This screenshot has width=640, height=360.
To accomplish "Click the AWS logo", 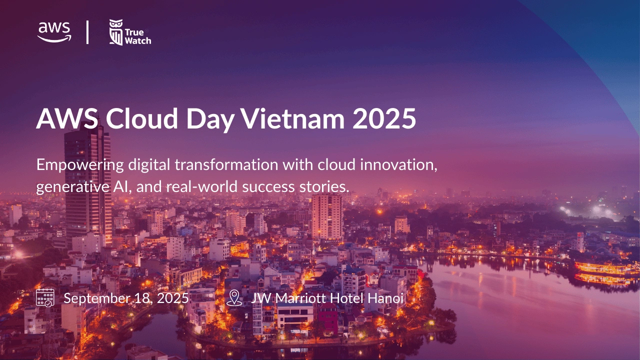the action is [x=54, y=32].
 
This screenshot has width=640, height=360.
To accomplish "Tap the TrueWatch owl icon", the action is [x=116, y=32].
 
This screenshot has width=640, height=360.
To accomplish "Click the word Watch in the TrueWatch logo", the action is [x=138, y=41].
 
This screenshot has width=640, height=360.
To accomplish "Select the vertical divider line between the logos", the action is [x=87, y=32].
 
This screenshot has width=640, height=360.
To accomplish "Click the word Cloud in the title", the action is [x=141, y=118].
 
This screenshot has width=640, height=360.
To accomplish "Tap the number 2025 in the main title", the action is [x=384, y=118].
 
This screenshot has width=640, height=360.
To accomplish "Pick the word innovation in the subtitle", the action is [x=398, y=165].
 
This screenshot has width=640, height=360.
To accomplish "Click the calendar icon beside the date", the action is [x=45, y=297].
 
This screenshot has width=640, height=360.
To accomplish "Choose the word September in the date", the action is [x=96, y=299].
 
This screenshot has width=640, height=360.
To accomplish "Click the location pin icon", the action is [x=234, y=298].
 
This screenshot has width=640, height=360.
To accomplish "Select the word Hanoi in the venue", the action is [x=385, y=298].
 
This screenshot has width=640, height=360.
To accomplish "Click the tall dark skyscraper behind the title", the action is [x=87, y=183].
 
